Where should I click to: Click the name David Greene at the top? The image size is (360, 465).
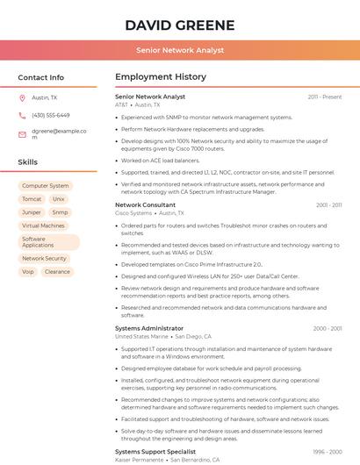pos(179,25)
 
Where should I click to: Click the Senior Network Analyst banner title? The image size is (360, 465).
pos(179,51)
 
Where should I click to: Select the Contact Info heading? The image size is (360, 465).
pos(40,77)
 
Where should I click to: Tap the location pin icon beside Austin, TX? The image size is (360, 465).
pos(22,98)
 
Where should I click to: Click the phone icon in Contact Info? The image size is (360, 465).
pos(22,115)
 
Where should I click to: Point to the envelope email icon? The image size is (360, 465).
pos(22,134)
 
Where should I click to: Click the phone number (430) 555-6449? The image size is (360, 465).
pos(50,115)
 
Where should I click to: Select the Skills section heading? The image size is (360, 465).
pos(28,162)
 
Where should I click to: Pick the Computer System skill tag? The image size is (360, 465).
pos(45,186)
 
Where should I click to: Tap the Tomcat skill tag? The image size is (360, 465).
pos(32,199)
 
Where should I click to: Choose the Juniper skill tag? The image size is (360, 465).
pos(32,212)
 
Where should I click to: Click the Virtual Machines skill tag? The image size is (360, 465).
pos(43,225)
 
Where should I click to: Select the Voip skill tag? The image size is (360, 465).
pos(28,272)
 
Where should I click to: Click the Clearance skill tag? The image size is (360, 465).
pos(57,272)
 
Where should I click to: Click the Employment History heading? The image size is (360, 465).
pos(161,77)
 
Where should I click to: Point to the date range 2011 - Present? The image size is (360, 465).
pos(324,97)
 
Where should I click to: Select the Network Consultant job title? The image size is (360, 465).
pos(145,204)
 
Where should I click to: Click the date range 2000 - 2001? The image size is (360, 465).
pos(327,328)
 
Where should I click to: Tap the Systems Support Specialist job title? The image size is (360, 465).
pos(155,451)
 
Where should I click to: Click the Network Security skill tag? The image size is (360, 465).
pos(44,259)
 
